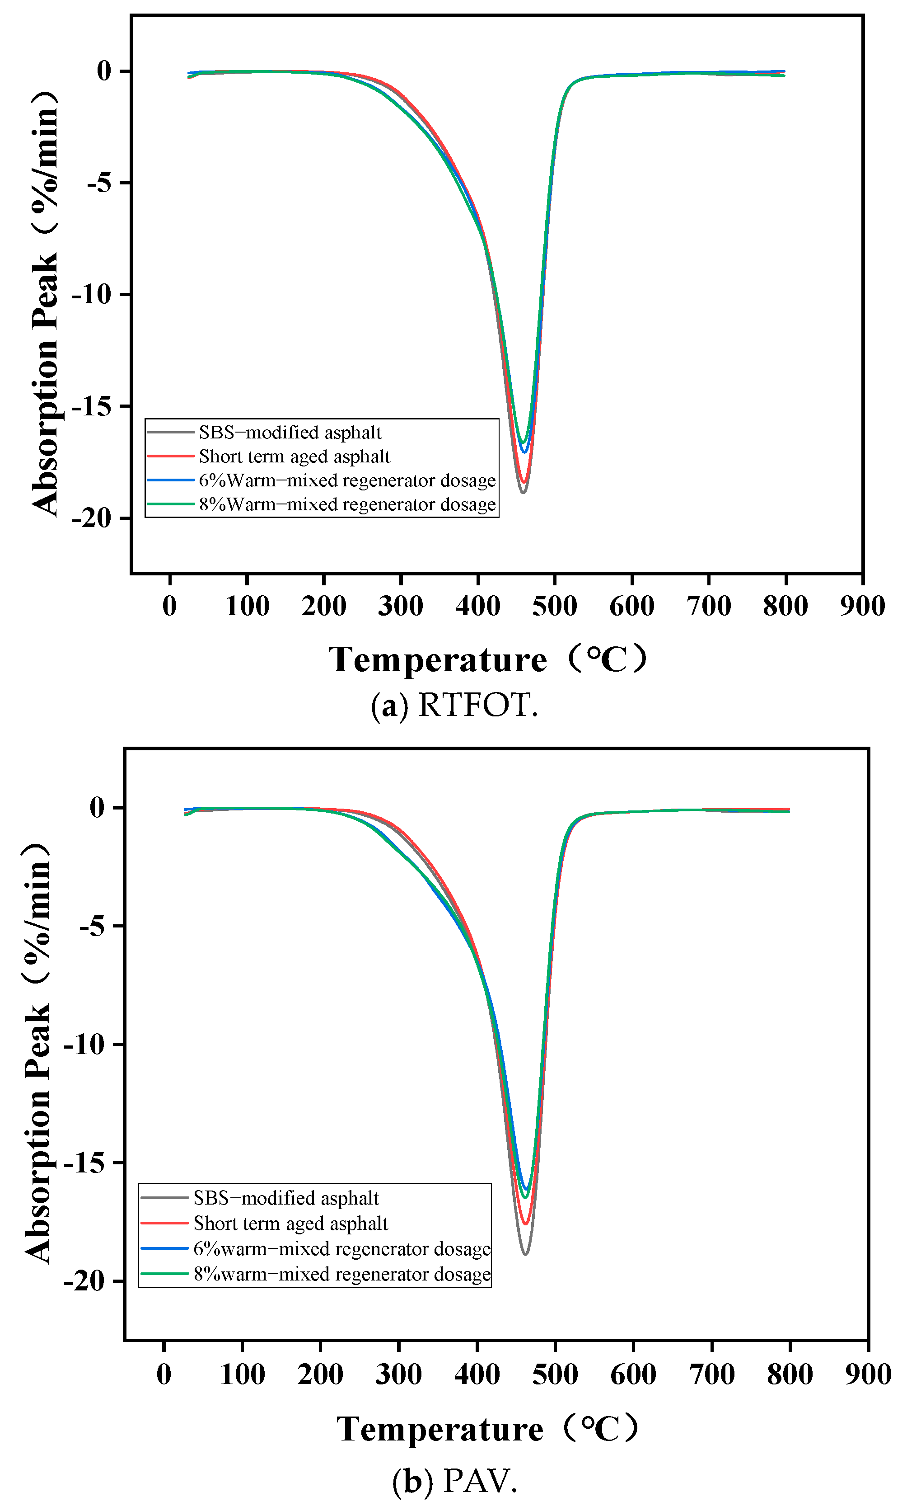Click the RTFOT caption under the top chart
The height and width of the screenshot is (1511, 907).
tap(455, 706)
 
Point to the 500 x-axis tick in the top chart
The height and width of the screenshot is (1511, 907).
tap(554, 606)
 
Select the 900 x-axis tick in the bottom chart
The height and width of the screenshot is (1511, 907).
tap(868, 1374)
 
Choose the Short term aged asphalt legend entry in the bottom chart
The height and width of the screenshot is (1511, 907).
tap(290, 1223)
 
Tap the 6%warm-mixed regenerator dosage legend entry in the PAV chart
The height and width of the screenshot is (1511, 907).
tap(341, 1248)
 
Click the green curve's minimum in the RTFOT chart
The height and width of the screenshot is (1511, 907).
tap(523, 442)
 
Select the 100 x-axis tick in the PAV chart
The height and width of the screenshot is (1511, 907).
tap(242, 1374)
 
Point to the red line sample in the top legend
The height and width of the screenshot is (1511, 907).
tap(171, 456)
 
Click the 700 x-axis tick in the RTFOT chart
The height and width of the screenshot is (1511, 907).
tap(708, 606)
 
